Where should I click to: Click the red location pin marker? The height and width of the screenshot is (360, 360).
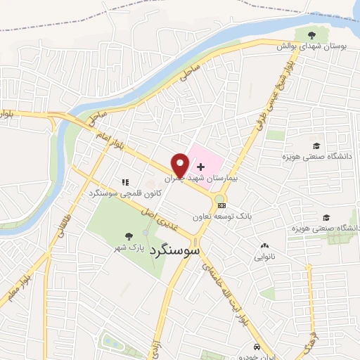181,164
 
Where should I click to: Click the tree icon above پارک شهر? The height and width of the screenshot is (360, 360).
127,236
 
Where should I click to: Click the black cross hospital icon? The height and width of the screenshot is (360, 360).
202,167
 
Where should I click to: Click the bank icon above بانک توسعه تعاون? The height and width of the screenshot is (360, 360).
222,205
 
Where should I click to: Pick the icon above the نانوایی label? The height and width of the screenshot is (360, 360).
264,246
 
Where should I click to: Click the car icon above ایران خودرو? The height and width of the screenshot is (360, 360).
257,347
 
